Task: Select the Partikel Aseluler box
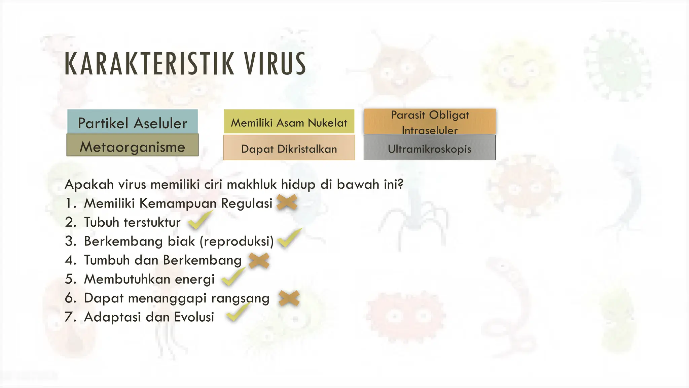click(133, 122)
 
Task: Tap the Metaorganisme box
click(133, 145)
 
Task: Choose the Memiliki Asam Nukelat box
click(289, 122)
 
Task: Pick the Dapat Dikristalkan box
click(289, 148)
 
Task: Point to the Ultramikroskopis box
click(430, 148)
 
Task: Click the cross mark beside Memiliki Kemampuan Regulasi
click(287, 203)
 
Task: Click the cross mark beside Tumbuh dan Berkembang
click(259, 260)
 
